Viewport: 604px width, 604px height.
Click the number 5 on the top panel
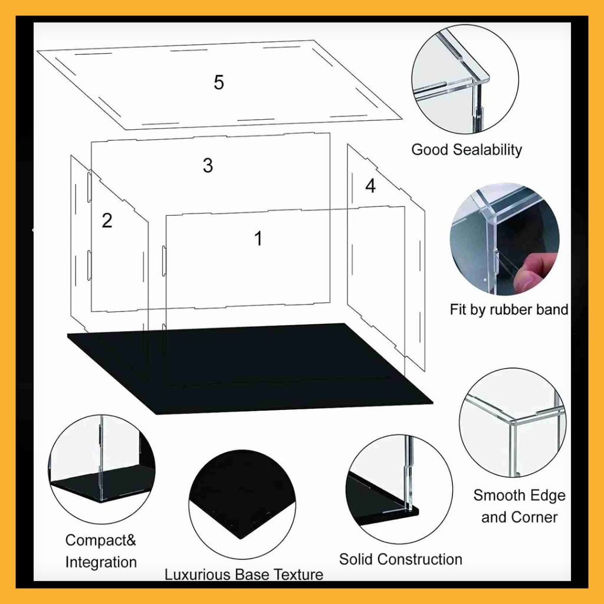click(x=219, y=82)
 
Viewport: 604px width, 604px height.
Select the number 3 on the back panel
click(x=208, y=165)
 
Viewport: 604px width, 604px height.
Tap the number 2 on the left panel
click(x=107, y=221)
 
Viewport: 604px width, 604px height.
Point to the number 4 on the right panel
click(x=370, y=186)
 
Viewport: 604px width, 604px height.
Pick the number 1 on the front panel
click(x=258, y=238)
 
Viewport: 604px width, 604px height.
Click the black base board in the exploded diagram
click(x=250, y=369)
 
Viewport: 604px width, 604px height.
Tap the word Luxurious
click(x=198, y=575)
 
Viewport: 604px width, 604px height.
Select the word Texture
click(x=298, y=575)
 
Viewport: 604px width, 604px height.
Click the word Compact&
click(x=101, y=540)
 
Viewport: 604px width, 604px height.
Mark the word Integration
click(x=101, y=562)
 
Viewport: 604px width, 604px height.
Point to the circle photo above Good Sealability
click(x=465, y=80)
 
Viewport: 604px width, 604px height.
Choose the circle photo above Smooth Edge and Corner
click(x=513, y=422)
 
